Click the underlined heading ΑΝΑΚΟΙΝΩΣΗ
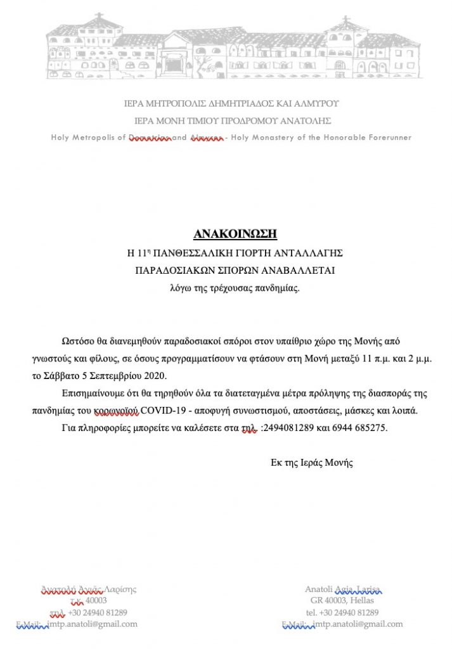(235, 234)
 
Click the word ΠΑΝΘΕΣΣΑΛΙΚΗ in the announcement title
(193, 253)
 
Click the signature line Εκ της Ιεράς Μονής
(311, 462)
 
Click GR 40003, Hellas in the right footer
(342, 600)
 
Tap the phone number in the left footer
(98, 612)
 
